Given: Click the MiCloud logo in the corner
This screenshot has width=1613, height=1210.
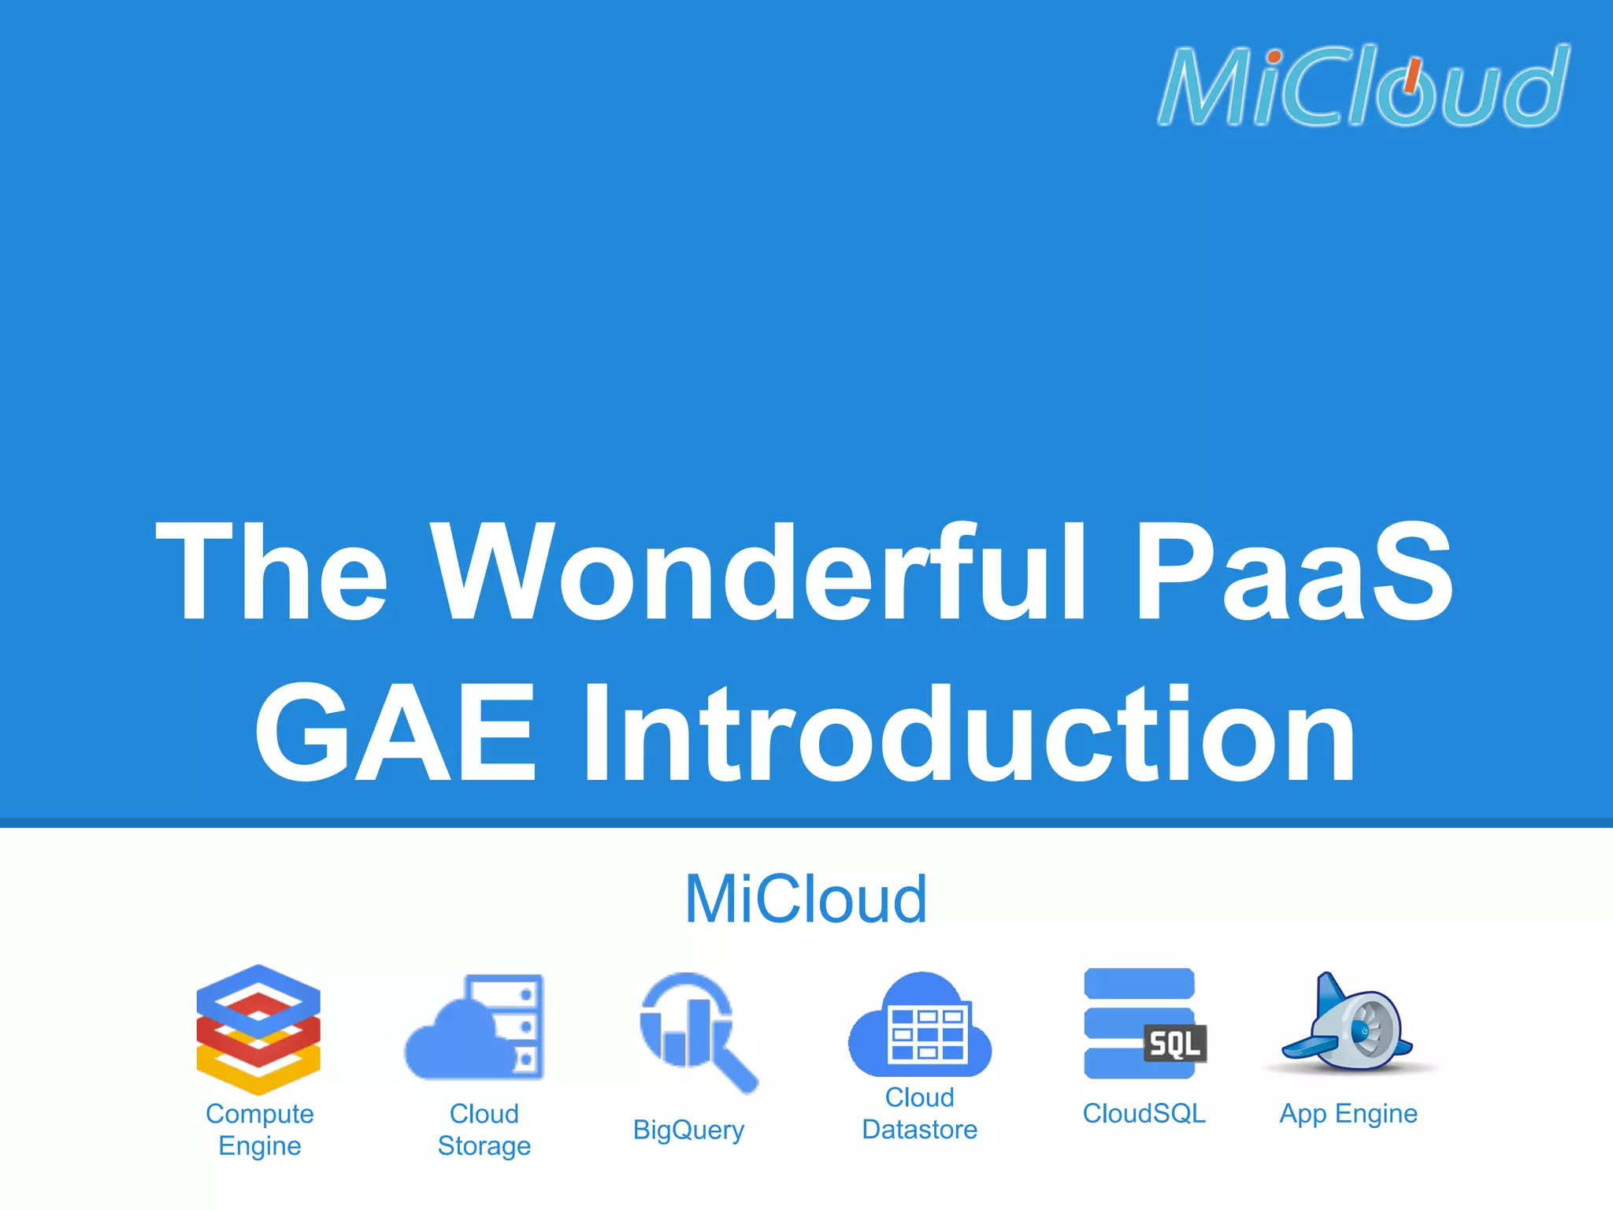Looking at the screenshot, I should coord(1363,85).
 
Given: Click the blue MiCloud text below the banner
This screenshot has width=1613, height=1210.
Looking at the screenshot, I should coord(806,899).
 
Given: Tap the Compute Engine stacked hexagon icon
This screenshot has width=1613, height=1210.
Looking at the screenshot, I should coord(258,1029).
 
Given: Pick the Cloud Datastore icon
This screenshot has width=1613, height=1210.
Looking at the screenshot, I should coord(920,1026).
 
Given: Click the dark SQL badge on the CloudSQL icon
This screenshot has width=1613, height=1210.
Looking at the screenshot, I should coord(1174,1044).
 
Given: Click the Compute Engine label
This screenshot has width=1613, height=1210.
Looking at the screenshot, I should coord(259,1129).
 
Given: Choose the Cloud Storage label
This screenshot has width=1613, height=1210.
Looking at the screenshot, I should coord(484,1129).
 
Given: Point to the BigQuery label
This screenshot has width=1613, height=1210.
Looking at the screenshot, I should coord(688,1130).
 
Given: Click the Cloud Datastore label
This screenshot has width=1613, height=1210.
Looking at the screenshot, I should coord(919,1113).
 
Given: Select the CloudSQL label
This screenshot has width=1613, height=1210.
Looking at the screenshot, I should coord(1144,1113).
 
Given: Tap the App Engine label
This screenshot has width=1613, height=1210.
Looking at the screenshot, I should coord(1348,1113).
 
